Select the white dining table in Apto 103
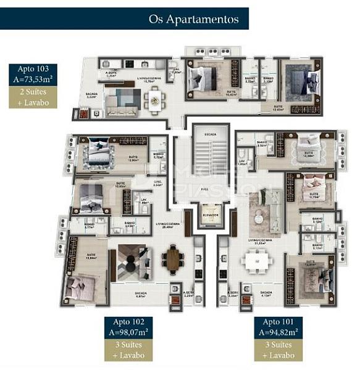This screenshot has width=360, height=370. (x=154, y=97)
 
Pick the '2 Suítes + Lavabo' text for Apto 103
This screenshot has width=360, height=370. (x=33, y=97)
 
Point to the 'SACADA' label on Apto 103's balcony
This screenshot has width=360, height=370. (x=91, y=94)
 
